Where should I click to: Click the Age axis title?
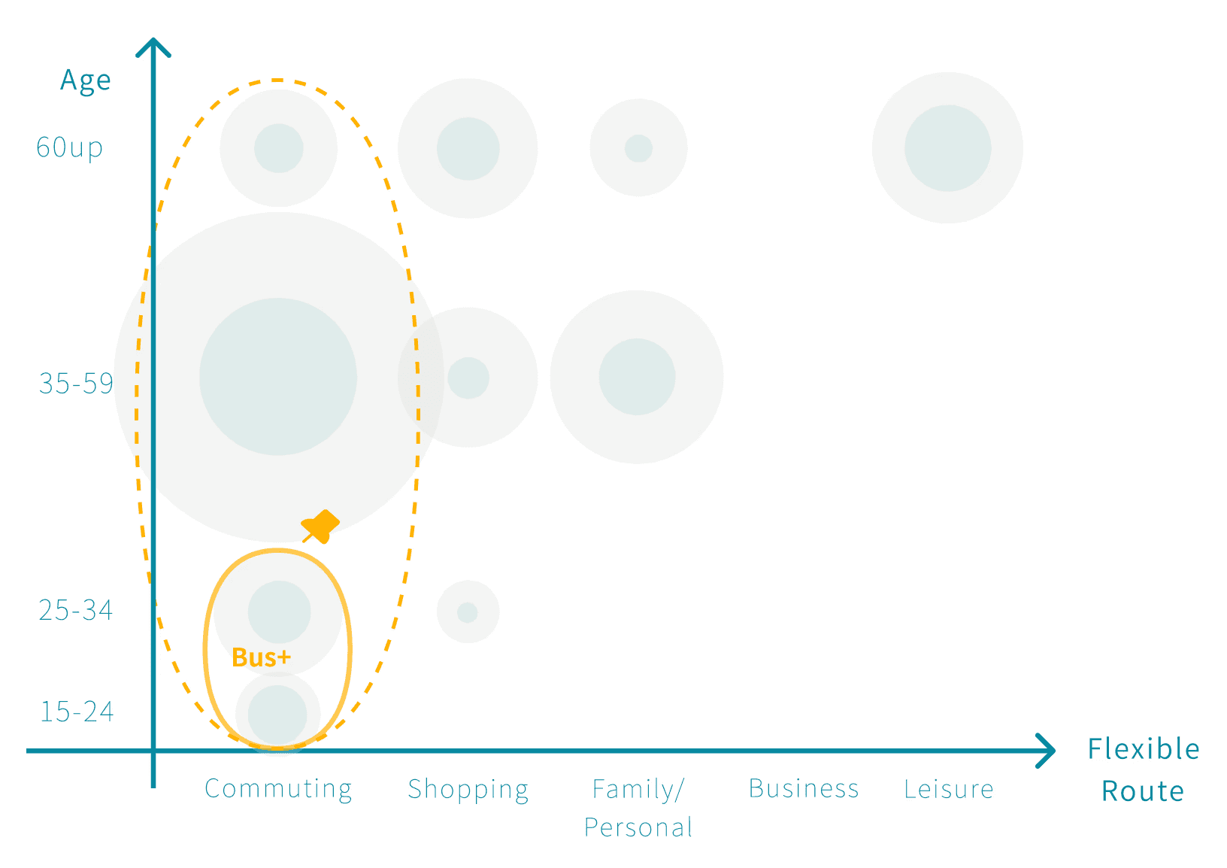pos(86,80)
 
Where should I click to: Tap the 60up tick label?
pos(70,147)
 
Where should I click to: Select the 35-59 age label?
pos(76,384)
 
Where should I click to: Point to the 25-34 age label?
pos(76,610)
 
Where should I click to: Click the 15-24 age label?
pos(77,712)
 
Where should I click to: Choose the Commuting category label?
pos(278,789)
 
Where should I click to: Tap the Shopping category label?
pos(468,789)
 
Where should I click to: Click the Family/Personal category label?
pos(638,808)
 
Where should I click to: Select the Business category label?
pos(804,789)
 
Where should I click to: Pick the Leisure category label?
pos(949,789)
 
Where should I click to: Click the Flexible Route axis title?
pos(1143,769)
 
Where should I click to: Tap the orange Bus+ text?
pos(261,657)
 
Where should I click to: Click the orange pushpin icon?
pos(321,526)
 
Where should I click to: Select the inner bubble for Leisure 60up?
pos(947,148)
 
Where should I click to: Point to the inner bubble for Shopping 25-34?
pos(468,612)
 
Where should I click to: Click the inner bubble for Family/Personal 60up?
pos(638,148)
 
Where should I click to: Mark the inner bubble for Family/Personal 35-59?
pos(637,377)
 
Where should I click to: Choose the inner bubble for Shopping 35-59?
pos(468,378)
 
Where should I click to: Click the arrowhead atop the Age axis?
pos(153,47)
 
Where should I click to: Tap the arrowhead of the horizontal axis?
pos(1047,751)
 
